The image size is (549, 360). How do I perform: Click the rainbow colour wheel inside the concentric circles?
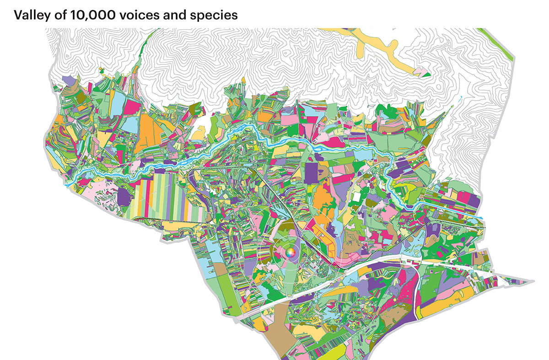tap(290, 252)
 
